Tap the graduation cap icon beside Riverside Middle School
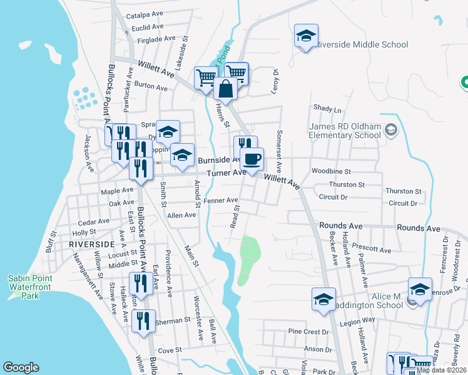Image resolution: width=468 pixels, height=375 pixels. [x=306, y=36]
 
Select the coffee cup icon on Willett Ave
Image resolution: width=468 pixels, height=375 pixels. [x=252, y=159]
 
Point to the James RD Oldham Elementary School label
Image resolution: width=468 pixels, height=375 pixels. [x=345, y=131]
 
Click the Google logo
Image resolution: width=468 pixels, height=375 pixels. [x=21, y=367]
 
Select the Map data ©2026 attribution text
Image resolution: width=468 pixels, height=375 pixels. [x=441, y=370]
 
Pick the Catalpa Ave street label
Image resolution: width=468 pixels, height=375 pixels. [x=145, y=14]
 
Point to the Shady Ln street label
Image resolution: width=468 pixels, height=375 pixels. [x=328, y=109]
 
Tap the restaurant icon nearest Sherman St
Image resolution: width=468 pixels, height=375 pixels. [x=144, y=321]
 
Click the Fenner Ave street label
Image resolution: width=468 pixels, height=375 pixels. [x=221, y=201]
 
